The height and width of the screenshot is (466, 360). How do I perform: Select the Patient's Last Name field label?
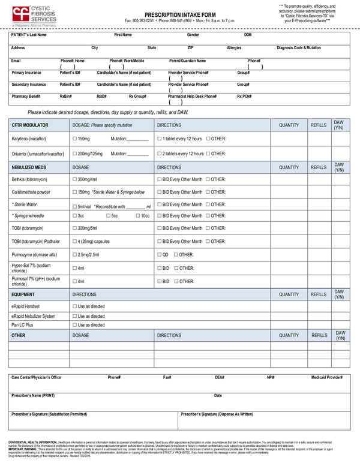pyautogui.click(x=29, y=35)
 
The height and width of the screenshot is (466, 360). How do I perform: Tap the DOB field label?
pyautogui.click(x=248, y=35)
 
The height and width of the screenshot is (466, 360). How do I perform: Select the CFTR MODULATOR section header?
pyautogui.click(x=30, y=125)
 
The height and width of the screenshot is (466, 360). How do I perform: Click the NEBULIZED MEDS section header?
pyautogui.click(x=29, y=168)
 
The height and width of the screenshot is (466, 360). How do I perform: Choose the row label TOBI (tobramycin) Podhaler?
pyautogui.click(x=35, y=241)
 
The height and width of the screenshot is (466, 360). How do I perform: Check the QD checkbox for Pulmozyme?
pyautogui.click(x=159, y=254)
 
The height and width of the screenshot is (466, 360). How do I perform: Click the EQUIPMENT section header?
pyautogui.click(x=23, y=295)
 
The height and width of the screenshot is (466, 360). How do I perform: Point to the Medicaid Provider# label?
pyautogui.click(x=326, y=378)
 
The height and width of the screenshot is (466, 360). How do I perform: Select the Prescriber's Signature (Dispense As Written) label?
pyautogui.click(x=217, y=414)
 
